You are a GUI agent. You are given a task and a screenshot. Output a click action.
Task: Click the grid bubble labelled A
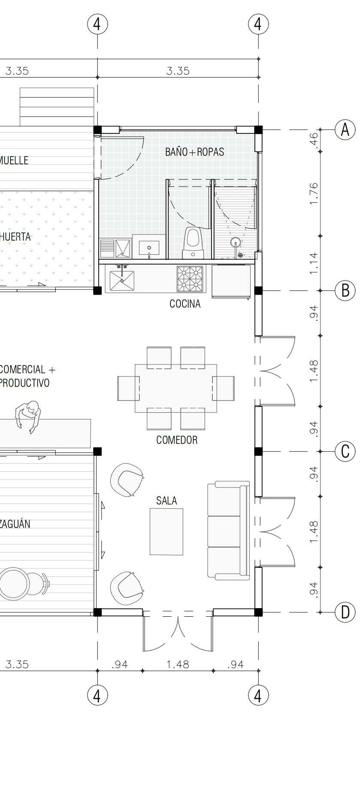[x=345, y=130]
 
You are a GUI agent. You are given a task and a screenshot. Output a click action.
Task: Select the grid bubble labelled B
[x=345, y=291]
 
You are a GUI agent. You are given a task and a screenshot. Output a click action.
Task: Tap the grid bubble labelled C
[x=345, y=452]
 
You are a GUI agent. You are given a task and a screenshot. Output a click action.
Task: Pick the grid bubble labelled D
[x=345, y=612]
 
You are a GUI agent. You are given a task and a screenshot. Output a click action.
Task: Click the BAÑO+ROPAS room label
[x=194, y=152]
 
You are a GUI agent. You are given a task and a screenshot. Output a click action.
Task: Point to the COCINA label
[x=185, y=304]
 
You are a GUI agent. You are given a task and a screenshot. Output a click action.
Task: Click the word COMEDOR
[x=177, y=440]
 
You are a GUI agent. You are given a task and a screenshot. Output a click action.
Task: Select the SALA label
[x=166, y=500]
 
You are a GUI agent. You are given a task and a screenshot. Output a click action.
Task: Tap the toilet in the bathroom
[x=193, y=243]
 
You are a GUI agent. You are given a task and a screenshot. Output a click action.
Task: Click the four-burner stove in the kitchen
[x=190, y=279]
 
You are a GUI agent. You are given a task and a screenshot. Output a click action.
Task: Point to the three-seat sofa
[x=229, y=531]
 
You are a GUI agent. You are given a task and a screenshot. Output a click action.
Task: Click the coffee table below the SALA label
[x=166, y=531]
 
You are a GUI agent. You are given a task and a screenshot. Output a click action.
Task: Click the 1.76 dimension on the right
[x=314, y=193]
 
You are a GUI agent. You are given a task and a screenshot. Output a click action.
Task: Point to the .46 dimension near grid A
[x=314, y=140]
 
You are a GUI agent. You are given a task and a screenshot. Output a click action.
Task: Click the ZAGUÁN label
[x=15, y=524]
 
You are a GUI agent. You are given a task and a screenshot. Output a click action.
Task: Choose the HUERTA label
[x=15, y=237]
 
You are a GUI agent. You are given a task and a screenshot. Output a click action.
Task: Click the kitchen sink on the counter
[x=122, y=279]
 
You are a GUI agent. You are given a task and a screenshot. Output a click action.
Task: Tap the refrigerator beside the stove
[x=231, y=281]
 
